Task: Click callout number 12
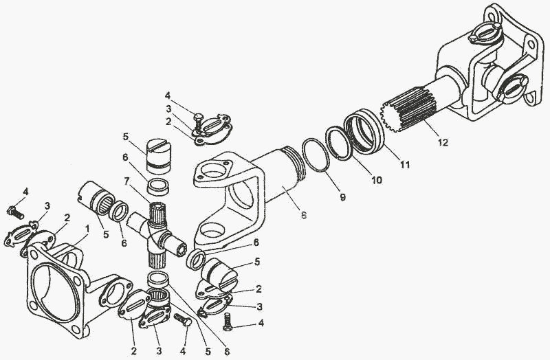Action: pyautogui.click(x=443, y=143)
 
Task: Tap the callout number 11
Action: pyautogui.click(x=405, y=164)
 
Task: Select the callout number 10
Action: pyautogui.click(x=376, y=180)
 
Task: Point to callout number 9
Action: pyautogui.click(x=342, y=197)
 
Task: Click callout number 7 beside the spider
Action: pyautogui.click(x=126, y=181)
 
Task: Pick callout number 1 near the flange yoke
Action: pyautogui.click(x=87, y=229)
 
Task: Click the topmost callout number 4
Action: pyautogui.click(x=167, y=95)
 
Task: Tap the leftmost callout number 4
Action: pyautogui.click(x=25, y=192)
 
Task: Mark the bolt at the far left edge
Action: pyautogui.click(x=15, y=212)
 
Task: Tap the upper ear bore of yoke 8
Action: pyautogui.click(x=212, y=172)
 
